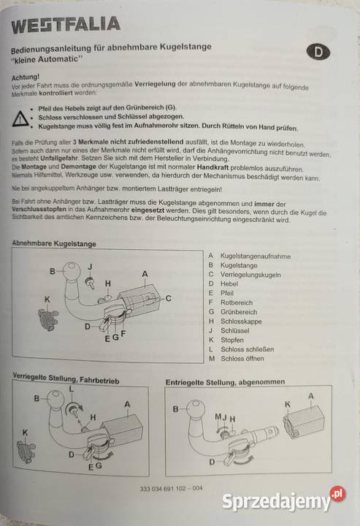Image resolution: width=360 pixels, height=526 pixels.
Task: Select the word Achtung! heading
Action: click(26, 76)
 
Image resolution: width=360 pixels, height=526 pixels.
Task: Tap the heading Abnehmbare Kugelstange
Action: click(55, 243)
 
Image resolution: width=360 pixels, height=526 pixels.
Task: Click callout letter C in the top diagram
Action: click(168, 297)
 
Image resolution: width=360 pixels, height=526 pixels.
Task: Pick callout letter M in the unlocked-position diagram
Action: click(216, 417)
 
